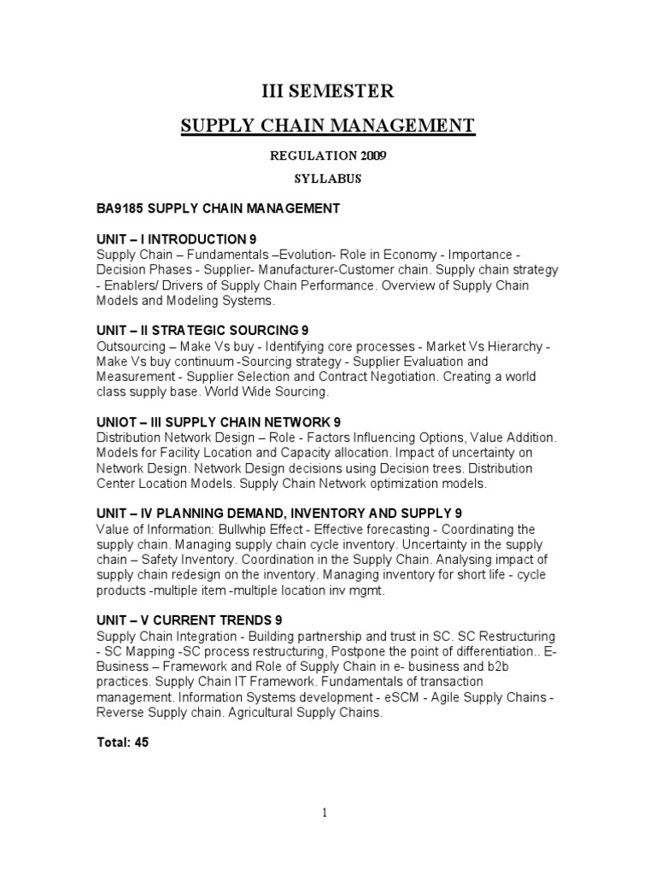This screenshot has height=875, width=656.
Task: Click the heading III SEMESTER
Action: click(327, 91)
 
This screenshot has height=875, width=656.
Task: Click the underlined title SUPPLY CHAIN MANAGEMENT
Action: click(327, 126)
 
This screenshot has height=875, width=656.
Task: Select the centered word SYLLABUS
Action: click(327, 179)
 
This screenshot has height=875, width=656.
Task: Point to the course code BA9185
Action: click(118, 208)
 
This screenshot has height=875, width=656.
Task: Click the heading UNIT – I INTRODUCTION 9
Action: click(176, 238)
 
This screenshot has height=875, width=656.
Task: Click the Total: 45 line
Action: click(122, 743)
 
